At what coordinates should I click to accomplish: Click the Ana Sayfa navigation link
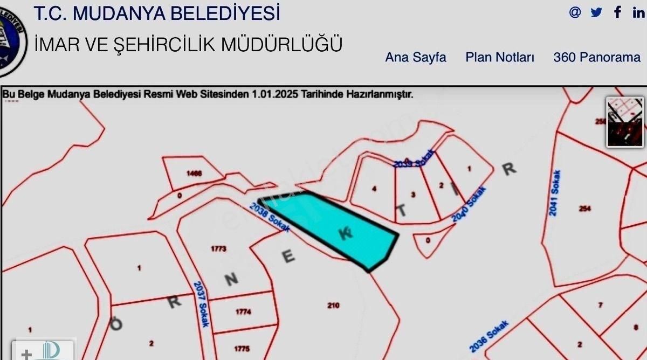(x=415, y=57)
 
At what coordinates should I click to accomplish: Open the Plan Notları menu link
(x=500, y=57)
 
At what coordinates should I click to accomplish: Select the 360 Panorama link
(x=597, y=57)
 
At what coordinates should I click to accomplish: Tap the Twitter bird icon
(x=596, y=12)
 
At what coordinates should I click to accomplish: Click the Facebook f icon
(x=618, y=12)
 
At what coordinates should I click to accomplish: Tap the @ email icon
(x=575, y=12)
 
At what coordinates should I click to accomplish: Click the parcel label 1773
(x=219, y=248)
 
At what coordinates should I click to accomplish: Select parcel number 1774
(x=243, y=311)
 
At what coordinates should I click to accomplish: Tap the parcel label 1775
(x=242, y=349)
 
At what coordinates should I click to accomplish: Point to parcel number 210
(x=333, y=306)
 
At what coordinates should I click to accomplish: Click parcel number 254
(x=584, y=209)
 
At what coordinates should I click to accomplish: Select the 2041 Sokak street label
(x=555, y=193)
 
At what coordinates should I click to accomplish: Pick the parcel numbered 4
(x=374, y=189)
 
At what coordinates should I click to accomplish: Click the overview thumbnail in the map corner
(x=625, y=122)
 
